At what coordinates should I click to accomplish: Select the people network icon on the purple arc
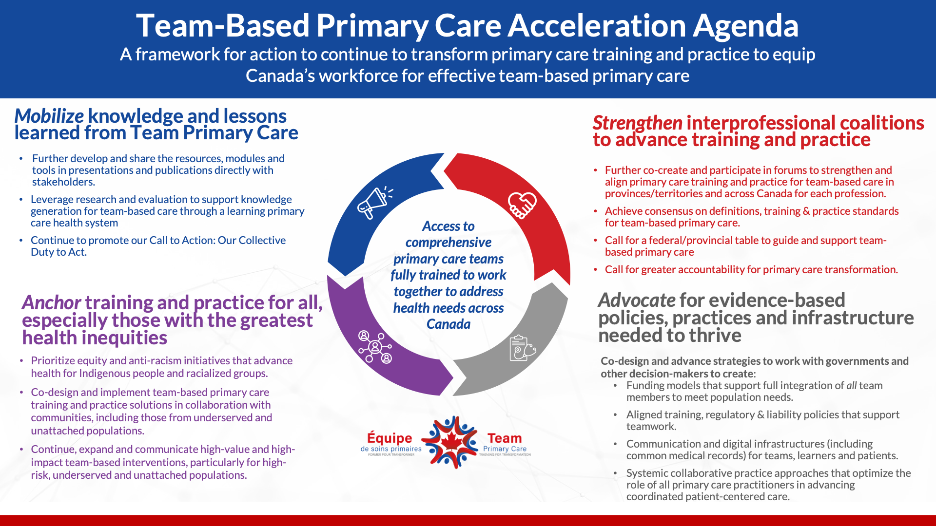pos(375,347)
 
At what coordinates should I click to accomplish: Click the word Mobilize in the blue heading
pos(49,116)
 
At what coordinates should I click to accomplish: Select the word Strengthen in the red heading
pos(637,123)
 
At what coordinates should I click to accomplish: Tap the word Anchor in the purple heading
pos(51,303)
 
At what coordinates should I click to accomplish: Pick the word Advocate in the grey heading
pos(637,301)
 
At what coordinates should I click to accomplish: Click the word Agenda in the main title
pos(745,26)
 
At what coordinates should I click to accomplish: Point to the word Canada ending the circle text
pos(448,324)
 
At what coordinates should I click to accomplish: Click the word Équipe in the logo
pos(390,438)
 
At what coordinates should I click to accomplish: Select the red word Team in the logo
pos(505,438)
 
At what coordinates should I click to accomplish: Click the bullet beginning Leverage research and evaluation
pos(161,211)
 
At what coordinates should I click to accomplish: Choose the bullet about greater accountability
pos(751,270)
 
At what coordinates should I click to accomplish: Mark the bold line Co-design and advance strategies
pos(754,361)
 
